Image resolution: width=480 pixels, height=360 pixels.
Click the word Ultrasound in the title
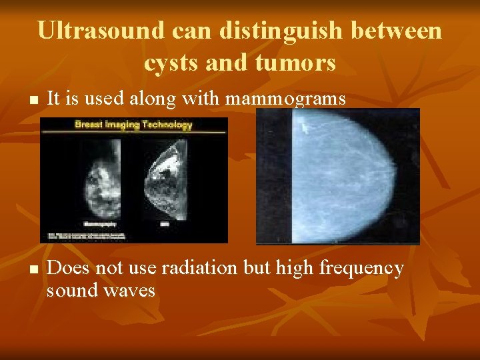point(100,31)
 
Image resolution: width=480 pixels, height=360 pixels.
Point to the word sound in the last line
point(72,290)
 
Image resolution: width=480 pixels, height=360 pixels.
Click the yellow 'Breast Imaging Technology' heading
point(133,125)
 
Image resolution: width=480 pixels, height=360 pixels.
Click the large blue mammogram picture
point(338,177)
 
